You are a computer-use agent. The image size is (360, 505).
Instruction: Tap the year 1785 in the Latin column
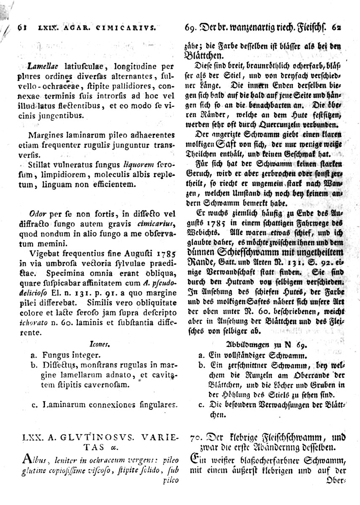click(x=166, y=254)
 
